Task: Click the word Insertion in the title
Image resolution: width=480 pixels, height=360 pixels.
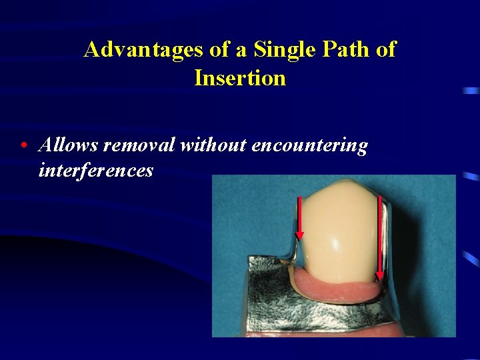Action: pos(240,78)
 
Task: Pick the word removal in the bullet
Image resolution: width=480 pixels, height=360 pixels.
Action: pos(139,145)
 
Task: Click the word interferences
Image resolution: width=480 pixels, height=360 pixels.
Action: pos(96,170)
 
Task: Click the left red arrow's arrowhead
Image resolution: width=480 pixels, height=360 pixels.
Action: pos(299,235)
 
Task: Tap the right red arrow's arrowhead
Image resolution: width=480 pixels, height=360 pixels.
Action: pos(380,275)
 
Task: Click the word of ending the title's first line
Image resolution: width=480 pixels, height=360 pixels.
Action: pos(385,49)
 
